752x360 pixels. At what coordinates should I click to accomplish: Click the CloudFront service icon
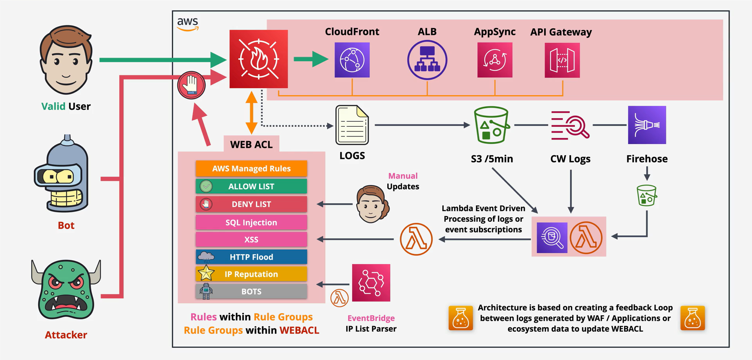(x=352, y=60)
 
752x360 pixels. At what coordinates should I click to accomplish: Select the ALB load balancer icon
(x=427, y=60)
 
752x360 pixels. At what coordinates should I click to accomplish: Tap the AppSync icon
(x=495, y=60)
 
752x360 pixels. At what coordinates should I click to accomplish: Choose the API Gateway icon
(x=562, y=60)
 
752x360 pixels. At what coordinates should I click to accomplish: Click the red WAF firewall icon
(x=258, y=59)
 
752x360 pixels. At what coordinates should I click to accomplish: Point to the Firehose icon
(x=647, y=125)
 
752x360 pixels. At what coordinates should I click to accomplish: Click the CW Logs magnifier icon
(x=570, y=125)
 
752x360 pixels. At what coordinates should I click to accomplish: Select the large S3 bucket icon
(x=491, y=125)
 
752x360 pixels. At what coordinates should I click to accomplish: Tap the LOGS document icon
(x=352, y=125)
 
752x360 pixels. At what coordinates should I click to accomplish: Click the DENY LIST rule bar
(x=251, y=204)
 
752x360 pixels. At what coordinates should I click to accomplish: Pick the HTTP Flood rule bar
(x=251, y=257)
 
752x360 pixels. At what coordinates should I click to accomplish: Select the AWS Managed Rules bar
(x=251, y=168)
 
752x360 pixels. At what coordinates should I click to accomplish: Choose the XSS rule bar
(x=251, y=239)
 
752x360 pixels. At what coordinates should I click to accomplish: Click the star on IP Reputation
(x=206, y=273)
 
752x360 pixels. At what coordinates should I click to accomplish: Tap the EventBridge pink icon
(x=371, y=283)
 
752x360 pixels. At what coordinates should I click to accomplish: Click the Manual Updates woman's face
(x=372, y=204)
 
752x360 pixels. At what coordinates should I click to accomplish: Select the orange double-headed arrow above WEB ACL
(x=251, y=113)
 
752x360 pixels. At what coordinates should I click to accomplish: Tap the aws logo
(x=188, y=24)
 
